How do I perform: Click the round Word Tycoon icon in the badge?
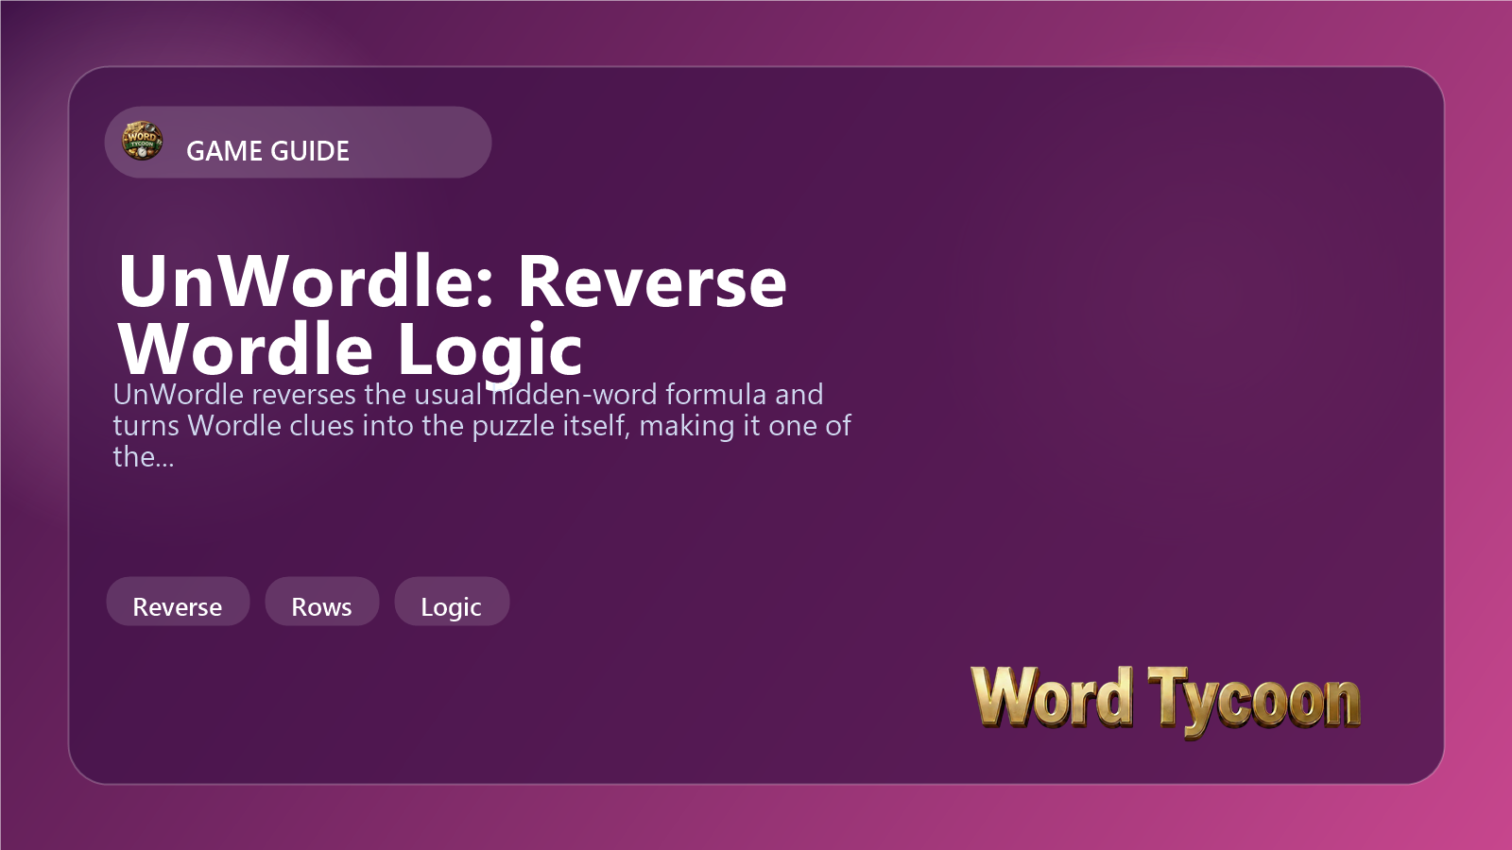pos(142,141)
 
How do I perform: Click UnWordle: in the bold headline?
pos(306,281)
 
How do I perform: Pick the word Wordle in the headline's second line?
pos(246,348)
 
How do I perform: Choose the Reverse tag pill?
pos(178,601)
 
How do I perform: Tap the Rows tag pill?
pos(322,601)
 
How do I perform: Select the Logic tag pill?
pos(452,601)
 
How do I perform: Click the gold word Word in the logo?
pos(1052,698)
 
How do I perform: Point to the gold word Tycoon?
pos(1254,702)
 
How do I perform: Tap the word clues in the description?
pos(320,426)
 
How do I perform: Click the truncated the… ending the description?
pos(144,457)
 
